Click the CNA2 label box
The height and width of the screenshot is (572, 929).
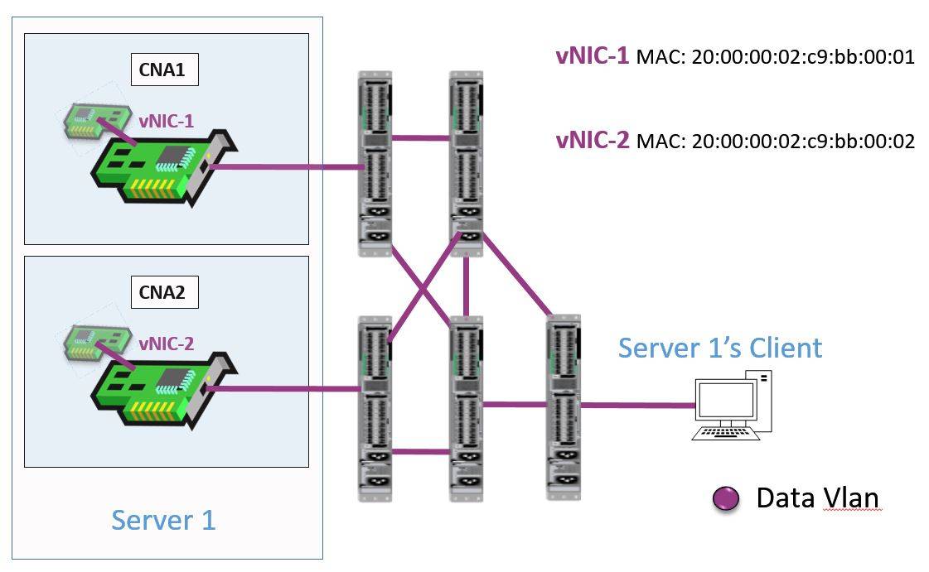165,292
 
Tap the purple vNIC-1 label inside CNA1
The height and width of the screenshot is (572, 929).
166,121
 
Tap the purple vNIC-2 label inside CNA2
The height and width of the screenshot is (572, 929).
166,343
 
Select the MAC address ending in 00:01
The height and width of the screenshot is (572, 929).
775,58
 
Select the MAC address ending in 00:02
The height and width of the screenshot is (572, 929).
775,142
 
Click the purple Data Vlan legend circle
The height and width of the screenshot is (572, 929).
725,498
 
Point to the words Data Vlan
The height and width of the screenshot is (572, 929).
816,497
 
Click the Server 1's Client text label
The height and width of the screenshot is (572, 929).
719,347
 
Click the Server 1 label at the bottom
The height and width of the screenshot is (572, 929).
163,520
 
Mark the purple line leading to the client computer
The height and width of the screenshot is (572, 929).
638,406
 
